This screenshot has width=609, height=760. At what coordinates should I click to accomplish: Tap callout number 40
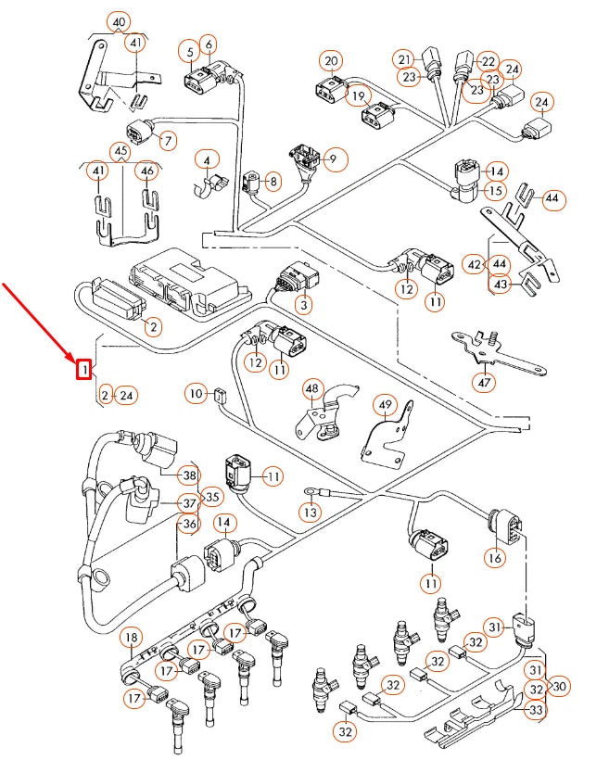pos(118,22)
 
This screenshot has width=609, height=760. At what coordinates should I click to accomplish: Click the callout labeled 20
pos(332,62)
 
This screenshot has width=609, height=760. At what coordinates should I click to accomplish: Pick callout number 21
pos(403,59)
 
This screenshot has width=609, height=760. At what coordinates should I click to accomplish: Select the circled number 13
pos(310,511)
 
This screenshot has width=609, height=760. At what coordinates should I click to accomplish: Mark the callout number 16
pos(494,558)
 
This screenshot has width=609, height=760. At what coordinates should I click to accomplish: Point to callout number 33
pos(536,710)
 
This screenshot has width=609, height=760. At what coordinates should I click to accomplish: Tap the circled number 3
pos(303,304)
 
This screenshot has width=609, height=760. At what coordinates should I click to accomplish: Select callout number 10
pos(194,394)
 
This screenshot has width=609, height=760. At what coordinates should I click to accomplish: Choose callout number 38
pos(190,476)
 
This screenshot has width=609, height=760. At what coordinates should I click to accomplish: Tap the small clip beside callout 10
pos(220,395)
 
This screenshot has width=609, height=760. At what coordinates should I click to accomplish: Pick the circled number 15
pos(496,191)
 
